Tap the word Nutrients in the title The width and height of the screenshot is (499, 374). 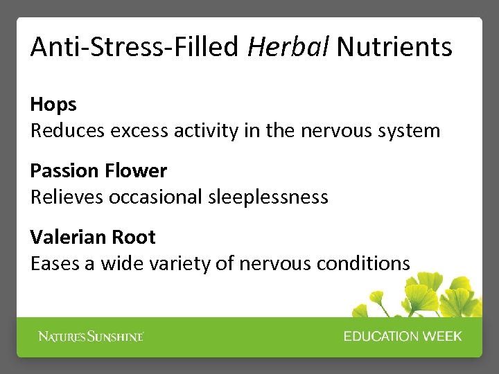[x=394, y=47]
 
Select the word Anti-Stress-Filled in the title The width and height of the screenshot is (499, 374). [x=134, y=47]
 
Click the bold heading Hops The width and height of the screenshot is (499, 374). [x=53, y=105]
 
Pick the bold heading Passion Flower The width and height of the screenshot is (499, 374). [x=98, y=171]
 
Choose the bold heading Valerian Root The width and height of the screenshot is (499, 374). [x=93, y=238]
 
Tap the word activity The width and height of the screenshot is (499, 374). [x=206, y=131]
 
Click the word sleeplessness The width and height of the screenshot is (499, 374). [x=268, y=197]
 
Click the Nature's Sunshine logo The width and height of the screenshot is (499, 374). [x=91, y=337]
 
